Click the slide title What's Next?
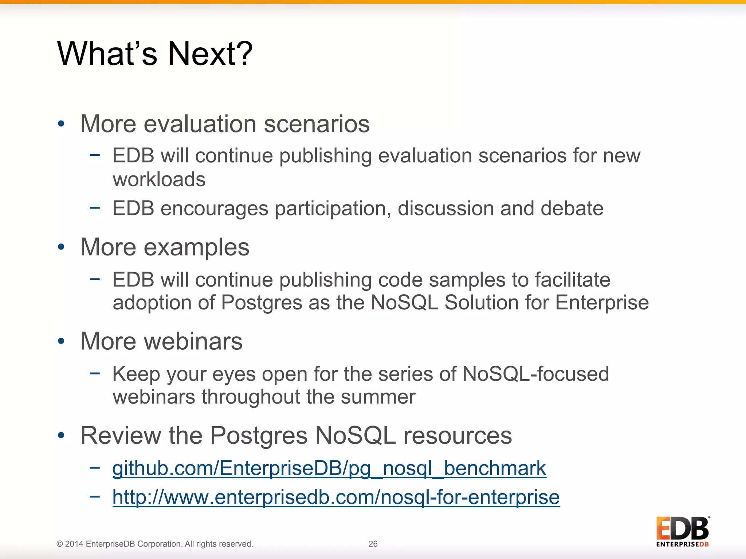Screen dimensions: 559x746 [155, 54]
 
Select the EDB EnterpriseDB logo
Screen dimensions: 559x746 [682, 531]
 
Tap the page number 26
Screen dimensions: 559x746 [373, 544]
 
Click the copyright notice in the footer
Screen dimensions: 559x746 [155, 544]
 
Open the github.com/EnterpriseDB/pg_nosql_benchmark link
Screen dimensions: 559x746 [329, 468]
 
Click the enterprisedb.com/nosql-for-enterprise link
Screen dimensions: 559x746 [336, 497]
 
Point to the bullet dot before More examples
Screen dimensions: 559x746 [61, 247]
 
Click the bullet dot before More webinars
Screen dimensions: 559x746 [61, 341]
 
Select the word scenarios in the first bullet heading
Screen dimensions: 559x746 [317, 124]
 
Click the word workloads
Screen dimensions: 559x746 [159, 179]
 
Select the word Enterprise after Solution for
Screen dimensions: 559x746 [602, 303]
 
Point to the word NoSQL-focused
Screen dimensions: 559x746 [535, 374]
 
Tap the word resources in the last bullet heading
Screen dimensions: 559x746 [458, 436]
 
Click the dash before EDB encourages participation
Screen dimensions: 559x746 [95, 208]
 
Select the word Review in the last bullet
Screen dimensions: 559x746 [121, 436]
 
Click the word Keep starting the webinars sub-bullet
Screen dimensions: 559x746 [136, 374]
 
